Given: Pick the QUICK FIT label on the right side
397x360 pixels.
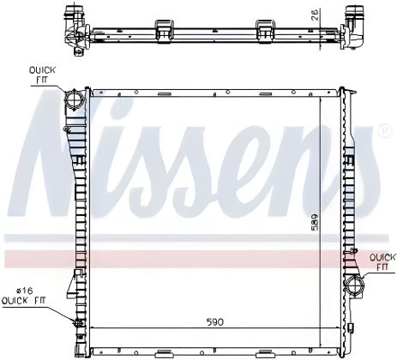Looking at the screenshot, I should tap(382, 261).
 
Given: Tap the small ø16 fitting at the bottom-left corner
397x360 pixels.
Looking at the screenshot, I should tap(77, 323).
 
